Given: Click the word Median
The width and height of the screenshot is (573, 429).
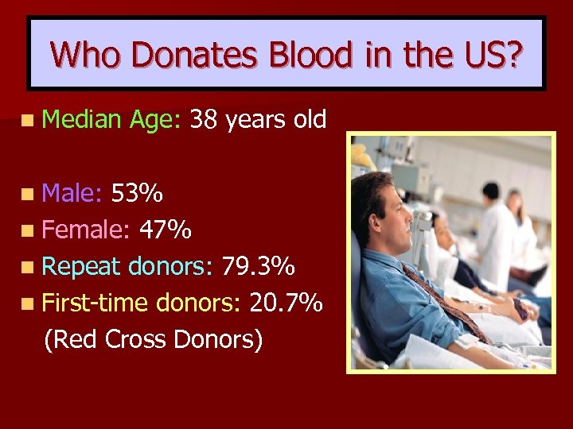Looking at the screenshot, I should pyautogui.click(x=80, y=119).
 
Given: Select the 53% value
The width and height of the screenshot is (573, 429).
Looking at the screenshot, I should pyautogui.click(x=138, y=193).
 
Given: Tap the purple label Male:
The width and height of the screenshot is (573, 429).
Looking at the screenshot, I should pyautogui.click(x=73, y=193).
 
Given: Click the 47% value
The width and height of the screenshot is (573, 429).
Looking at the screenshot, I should pyautogui.click(x=165, y=230).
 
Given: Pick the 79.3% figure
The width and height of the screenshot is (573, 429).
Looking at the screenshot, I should pyautogui.click(x=259, y=266).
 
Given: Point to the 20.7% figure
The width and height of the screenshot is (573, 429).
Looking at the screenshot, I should pyautogui.click(x=286, y=303).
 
